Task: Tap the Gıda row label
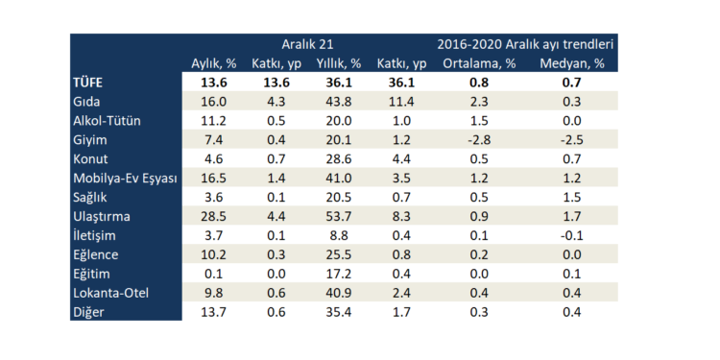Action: pyautogui.click(x=87, y=101)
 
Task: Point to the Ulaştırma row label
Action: pyautogui.click(x=101, y=216)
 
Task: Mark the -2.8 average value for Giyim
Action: pyautogui.click(x=481, y=139)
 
